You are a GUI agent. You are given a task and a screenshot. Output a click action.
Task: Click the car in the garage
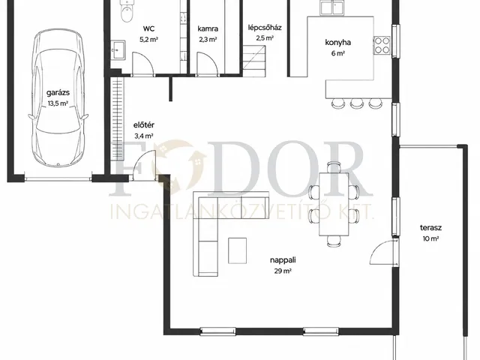point(58,98)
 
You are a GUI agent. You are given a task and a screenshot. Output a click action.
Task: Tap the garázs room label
point(58,92)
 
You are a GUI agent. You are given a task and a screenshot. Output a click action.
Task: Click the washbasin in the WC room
point(117,49)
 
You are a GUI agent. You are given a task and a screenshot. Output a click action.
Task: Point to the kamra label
point(208,28)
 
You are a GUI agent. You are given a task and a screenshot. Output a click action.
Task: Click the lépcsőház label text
point(265,28)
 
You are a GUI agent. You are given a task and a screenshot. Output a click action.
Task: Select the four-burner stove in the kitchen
point(382,45)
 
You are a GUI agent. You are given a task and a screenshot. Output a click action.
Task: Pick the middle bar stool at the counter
point(356,103)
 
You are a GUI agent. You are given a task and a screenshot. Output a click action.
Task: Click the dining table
point(334,204)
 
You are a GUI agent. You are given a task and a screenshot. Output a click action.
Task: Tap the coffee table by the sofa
point(237,250)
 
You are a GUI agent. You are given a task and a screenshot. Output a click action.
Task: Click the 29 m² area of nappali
point(283,271)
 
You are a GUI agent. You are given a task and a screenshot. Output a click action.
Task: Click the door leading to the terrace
point(382,252)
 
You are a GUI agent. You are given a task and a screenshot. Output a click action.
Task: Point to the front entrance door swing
point(143,165)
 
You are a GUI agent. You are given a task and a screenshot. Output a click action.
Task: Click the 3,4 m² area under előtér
point(144,136)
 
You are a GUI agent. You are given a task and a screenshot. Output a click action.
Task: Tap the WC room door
point(142,63)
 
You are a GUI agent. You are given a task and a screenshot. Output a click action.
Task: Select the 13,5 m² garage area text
point(58,103)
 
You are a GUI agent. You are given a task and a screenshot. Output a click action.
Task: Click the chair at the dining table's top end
point(334,167)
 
